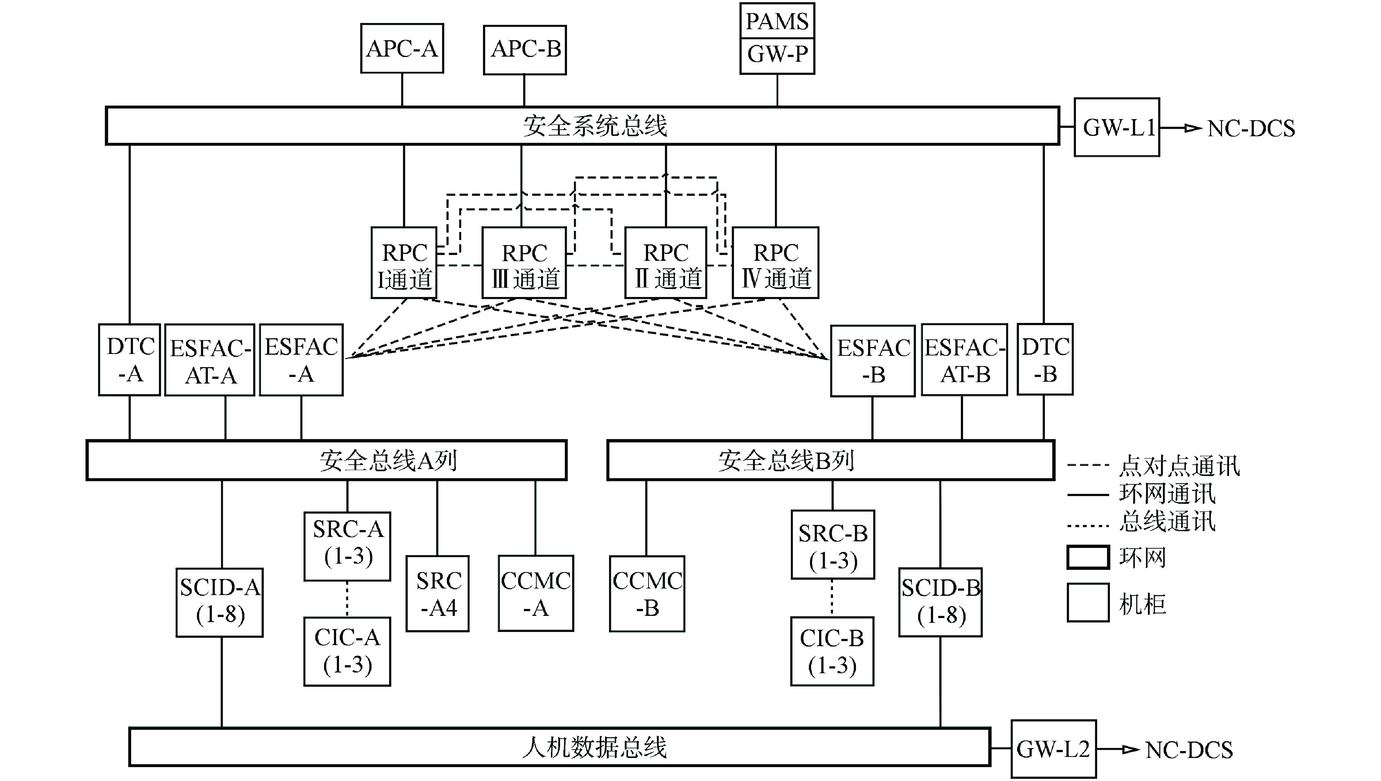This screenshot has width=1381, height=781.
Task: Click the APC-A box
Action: point(402,48)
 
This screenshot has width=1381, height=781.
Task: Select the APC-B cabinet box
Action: point(525,49)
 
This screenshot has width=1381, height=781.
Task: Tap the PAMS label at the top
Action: point(777,21)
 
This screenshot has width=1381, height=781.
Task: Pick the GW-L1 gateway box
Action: point(1116,127)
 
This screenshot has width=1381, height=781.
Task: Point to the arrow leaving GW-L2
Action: point(1118,749)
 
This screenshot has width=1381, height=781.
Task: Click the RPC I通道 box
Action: point(404,263)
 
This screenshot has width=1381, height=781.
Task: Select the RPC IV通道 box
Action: point(776,263)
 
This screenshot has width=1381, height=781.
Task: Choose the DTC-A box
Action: point(130,359)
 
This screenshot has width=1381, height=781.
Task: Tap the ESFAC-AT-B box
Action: point(964,360)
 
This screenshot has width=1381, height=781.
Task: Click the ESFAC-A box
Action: point(301,360)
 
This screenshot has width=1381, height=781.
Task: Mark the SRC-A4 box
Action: point(438,593)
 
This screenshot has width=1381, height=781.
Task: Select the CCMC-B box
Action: point(647,593)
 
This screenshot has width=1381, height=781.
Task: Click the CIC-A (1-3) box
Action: point(347,651)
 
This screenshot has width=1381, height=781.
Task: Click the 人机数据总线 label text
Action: point(594,747)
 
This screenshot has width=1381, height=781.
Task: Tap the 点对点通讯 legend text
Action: point(1179,466)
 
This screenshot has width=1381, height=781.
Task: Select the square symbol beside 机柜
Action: point(1088,602)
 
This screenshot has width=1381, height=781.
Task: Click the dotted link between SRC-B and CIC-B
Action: point(832,598)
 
